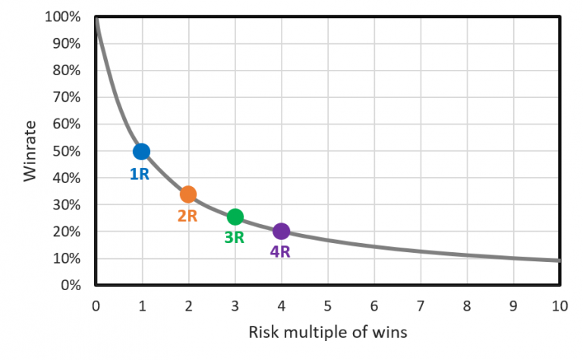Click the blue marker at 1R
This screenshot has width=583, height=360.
[141, 151]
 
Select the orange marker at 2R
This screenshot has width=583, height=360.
[188, 194]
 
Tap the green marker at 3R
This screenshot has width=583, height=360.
[235, 216]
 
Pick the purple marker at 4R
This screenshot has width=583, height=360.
[282, 231]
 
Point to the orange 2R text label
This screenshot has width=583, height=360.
[188, 216]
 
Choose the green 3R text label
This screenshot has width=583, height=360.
[234, 238]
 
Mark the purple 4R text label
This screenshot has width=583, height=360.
[280, 251]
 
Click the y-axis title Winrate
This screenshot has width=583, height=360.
[30, 151]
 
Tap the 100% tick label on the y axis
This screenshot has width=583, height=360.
[65, 17]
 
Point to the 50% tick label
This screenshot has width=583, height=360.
[68, 151]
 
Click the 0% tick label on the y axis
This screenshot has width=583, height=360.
[71, 286]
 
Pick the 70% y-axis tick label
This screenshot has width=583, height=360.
[68, 97]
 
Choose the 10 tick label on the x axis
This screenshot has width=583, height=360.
[559, 306]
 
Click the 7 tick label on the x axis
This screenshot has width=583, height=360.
[421, 306]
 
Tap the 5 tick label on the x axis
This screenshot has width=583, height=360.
[327, 306]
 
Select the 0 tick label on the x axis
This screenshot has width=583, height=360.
[95, 306]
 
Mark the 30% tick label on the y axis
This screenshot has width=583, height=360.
[68, 205]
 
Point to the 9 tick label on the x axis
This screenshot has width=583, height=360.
[513, 306]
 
